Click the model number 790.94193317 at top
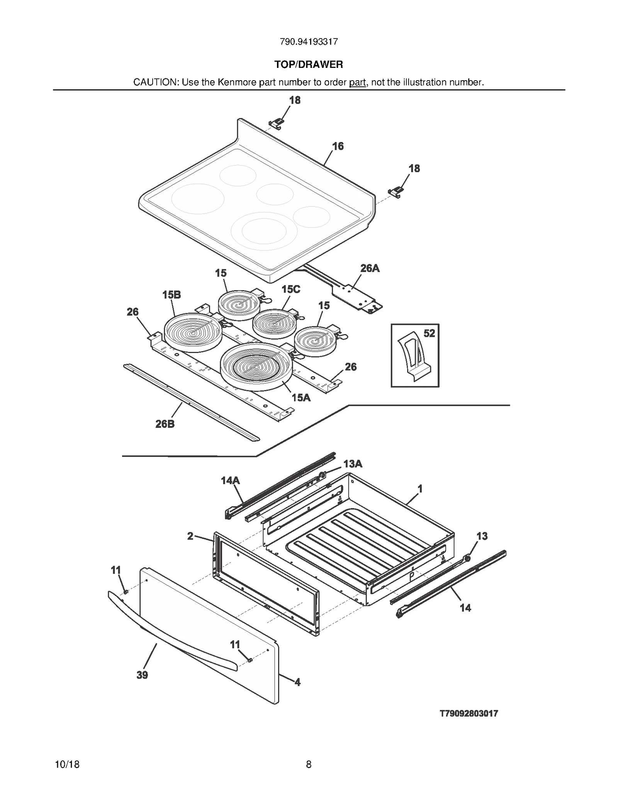309,42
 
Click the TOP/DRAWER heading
309,64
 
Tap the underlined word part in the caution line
357,82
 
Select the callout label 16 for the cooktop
338,146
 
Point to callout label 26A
370,268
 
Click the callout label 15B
171,295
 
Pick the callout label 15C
290,289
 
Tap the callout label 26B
165,424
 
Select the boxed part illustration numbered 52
415,355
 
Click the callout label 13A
353,464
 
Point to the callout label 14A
230,480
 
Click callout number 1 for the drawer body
420,489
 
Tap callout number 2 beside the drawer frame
190,536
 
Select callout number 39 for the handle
142,675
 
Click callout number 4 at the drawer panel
297,682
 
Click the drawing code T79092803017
469,713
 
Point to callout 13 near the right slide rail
482,536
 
